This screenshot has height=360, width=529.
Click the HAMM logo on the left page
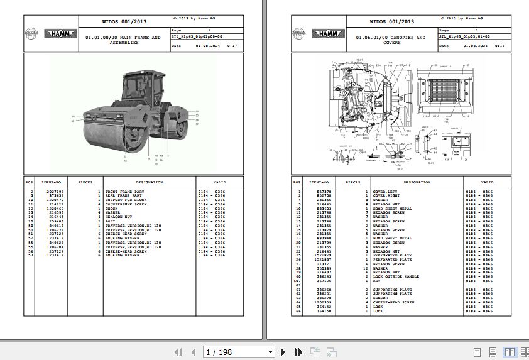point(59,33)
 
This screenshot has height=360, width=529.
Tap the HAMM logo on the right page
point(327,33)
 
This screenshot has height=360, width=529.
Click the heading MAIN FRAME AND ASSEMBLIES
point(123,40)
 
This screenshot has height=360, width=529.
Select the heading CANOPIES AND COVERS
point(391,40)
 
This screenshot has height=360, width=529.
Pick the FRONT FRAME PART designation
point(124,191)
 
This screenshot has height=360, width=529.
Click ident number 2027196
point(55,191)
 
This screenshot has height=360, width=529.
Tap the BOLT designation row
point(111,222)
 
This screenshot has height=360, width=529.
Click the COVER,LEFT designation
point(384,191)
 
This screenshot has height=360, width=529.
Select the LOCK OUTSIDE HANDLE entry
point(396,276)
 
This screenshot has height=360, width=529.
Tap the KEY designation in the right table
point(377,281)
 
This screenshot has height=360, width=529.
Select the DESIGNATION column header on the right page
point(417,182)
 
